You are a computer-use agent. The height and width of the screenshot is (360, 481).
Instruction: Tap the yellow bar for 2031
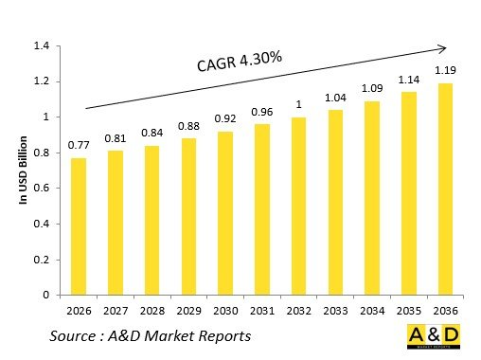[x=263, y=209]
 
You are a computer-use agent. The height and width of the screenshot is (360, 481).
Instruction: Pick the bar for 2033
[x=335, y=203]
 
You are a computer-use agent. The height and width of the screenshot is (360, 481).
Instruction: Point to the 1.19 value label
[x=443, y=70]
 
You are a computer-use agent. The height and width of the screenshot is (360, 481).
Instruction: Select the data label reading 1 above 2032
[x=299, y=104]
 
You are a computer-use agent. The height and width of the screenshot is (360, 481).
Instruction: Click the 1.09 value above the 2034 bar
[x=371, y=88]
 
